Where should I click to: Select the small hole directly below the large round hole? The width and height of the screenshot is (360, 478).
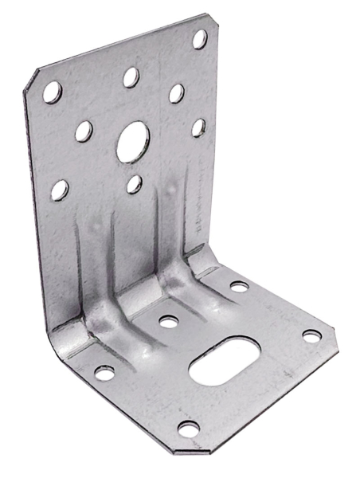tap(134, 185)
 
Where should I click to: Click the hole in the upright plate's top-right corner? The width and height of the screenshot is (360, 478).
tap(199, 38)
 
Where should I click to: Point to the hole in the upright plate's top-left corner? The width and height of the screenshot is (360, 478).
tap(52, 90)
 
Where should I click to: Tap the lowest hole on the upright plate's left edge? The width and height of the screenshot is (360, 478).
tap(59, 190)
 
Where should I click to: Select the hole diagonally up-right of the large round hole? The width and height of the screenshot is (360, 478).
tap(176, 94)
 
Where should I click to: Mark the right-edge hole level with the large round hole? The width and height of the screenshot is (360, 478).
tap(198, 127)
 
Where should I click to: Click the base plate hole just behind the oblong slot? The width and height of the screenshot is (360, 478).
tap(168, 323)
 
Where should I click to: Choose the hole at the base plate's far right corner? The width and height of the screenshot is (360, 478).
tap(311, 335)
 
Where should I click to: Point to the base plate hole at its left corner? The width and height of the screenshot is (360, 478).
tap(104, 373)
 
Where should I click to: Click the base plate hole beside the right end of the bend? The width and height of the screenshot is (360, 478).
tap(239, 285)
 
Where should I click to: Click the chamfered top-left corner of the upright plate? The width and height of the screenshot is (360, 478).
tap(33, 79)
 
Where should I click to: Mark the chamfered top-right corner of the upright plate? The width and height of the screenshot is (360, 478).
tap(209, 19)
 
